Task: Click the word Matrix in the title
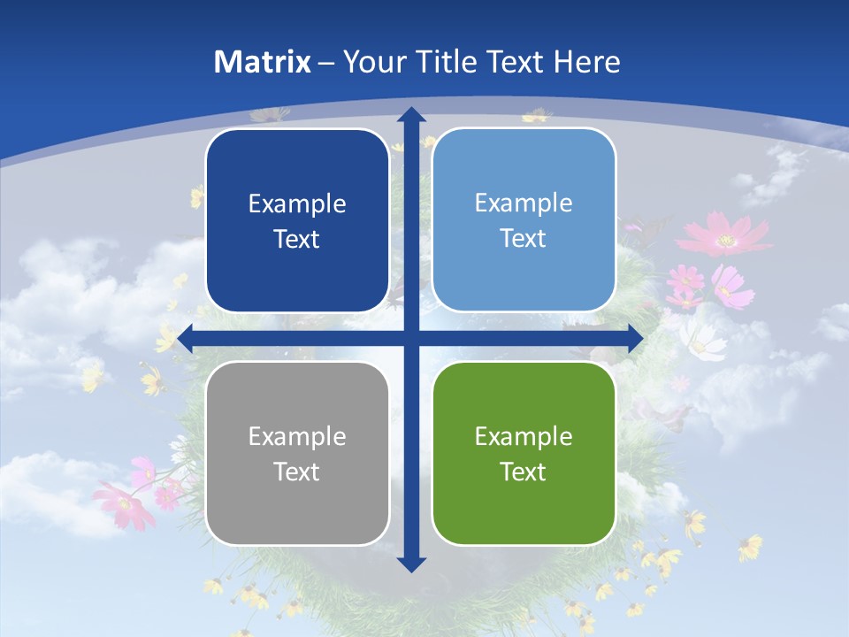(263, 62)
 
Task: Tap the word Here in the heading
(586, 62)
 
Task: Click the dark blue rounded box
(297, 220)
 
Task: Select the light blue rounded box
(524, 220)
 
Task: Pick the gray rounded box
(297, 454)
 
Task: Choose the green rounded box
(524, 454)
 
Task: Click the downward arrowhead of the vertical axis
(410, 564)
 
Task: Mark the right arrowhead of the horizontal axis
(635, 339)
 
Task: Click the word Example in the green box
(524, 436)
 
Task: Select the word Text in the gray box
(297, 472)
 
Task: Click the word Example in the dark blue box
(297, 203)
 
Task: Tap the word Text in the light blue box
(524, 238)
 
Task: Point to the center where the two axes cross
(410, 339)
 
